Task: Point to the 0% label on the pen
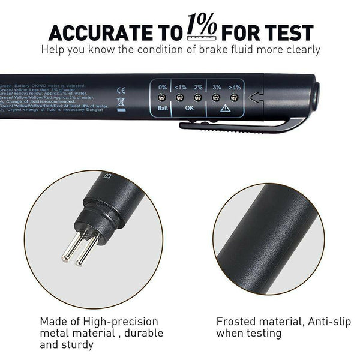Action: (x=162, y=87)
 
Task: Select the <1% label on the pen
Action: (x=179, y=87)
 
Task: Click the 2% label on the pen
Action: (x=197, y=87)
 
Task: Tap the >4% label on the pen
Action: (x=235, y=87)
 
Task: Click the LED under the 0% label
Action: (x=162, y=97)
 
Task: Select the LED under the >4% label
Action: (x=234, y=97)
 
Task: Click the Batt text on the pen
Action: (x=162, y=108)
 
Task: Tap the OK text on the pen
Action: (x=188, y=108)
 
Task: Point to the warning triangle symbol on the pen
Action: (x=225, y=108)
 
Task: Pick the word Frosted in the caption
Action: (x=235, y=321)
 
